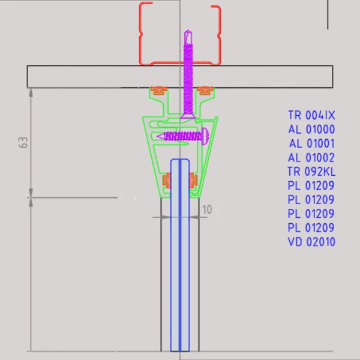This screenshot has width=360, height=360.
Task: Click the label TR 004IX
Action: pos(311,115)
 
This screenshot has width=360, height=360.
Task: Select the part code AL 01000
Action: pos(311,129)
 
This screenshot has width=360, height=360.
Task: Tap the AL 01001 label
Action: pos(312,143)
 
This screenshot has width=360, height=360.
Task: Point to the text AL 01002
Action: pos(311,158)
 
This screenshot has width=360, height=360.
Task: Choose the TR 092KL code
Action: pos(311,172)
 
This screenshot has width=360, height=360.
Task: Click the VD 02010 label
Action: pos(311,242)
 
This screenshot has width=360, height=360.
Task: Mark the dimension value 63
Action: pos(23,143)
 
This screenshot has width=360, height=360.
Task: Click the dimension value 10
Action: pos(207,209)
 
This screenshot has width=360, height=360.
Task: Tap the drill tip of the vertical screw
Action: pos(188,31)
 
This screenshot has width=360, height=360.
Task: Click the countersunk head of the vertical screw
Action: pos(188,116)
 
